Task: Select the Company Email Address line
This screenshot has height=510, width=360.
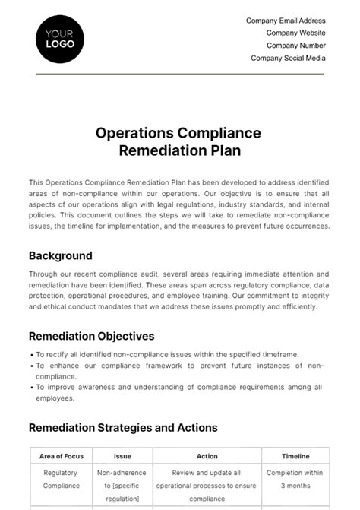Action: [286, 21]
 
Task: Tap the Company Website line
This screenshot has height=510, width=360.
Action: [295, 33]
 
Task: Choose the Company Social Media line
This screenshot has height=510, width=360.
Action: [288, 58]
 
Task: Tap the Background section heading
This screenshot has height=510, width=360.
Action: [60, 255]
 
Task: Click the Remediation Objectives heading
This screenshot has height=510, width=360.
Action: [91, 336]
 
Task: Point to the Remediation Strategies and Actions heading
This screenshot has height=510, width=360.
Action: [123, 428]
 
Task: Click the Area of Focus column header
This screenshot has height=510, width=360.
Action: [62, 456]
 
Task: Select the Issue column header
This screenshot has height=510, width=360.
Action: [122, 456]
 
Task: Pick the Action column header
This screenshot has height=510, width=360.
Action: [207, 456]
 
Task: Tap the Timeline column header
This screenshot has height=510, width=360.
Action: [295, 456]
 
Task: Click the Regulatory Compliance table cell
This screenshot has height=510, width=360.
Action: [62, 479]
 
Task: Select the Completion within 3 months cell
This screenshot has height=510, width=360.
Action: [295, 479]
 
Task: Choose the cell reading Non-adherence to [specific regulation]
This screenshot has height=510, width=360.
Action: [122, 485]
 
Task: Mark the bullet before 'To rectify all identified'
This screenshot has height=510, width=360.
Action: [31, 355]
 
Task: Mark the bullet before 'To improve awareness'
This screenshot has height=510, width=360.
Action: [31, 387]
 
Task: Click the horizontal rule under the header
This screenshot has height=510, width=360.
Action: [179, 74]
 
